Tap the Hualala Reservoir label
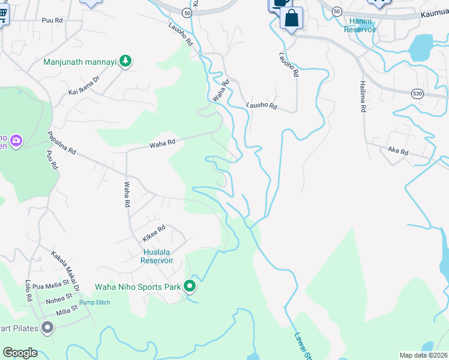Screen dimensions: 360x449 157,256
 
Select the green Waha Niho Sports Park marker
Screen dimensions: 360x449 190,287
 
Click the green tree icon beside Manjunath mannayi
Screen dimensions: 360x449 125,61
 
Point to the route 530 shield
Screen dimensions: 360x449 418,94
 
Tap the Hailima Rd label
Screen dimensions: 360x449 363,97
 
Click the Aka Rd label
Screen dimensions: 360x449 398,152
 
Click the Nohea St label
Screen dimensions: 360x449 59,298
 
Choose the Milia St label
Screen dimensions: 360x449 66,310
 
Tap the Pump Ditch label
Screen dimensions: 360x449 95,302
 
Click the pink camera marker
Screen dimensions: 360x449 16,141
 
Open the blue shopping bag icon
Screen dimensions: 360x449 291,17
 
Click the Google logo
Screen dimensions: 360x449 20,353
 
